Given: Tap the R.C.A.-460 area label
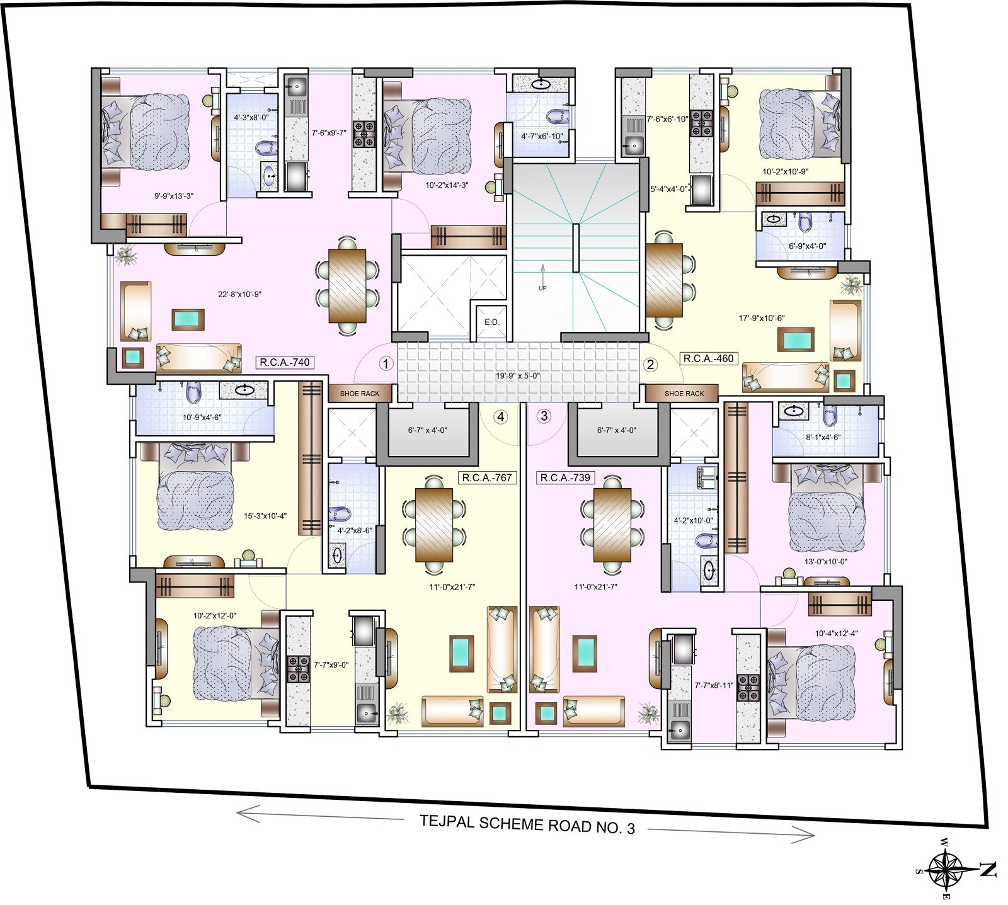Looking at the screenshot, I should click(x=708, y=358).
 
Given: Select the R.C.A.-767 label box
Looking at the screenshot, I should click(x=487, y=477).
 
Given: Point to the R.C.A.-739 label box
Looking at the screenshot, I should click(x=565, y=477).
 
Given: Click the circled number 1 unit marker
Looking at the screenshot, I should click(x=386, y=363).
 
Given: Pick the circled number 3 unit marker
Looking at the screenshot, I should click(x=544, y=416).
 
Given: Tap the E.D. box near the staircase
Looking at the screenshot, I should click(x=491, y=322).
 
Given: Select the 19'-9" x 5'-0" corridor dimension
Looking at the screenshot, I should click(x=517, y=377).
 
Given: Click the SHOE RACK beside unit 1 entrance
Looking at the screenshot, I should click(x=360, y=394).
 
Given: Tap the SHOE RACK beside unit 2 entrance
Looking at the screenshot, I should click(x=684, y=394).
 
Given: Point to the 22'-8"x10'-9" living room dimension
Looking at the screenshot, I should click(x=239, y=293).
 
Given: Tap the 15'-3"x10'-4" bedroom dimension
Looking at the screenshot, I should click(x=266, y=516).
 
